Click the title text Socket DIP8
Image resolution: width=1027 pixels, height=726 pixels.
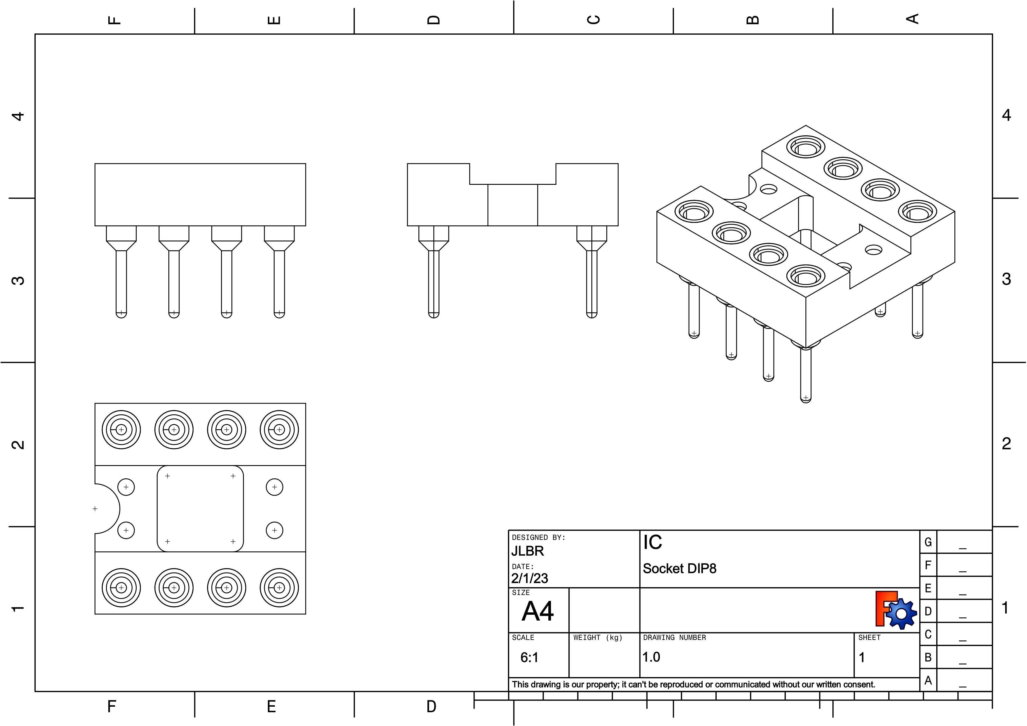tap(679, 568)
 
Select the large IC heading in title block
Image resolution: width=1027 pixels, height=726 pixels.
tap(653, 542)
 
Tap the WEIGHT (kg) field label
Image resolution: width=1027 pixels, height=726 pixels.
tap(598, 638)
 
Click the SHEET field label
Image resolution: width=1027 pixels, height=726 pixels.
tap(869, 638)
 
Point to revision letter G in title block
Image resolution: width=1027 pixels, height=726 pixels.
tap(928, 542)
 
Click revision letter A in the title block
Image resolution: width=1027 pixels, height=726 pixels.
tap(928, 680)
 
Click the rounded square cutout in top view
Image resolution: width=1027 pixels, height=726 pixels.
tap(200, 509)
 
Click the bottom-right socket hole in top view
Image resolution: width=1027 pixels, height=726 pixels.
tap(279, 587)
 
